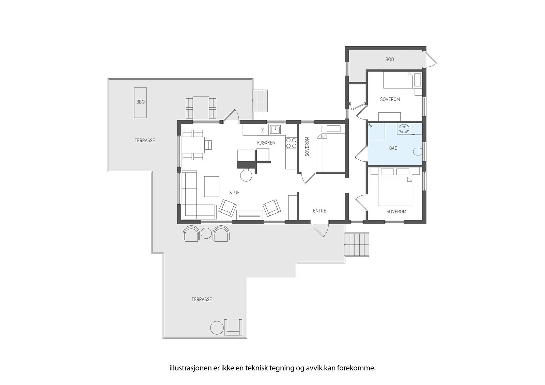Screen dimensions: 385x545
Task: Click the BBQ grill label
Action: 140,102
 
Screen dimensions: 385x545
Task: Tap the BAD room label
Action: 393,148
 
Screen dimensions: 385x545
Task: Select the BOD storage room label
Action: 390,59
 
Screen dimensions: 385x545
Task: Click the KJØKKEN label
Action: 266,143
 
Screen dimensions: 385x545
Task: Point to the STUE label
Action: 234,192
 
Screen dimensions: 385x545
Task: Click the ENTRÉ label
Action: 320,211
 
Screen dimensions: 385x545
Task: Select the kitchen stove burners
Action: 291,143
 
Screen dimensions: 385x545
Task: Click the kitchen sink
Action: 275,129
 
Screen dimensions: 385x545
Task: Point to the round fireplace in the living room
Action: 246,175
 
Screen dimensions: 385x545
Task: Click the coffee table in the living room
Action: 212,186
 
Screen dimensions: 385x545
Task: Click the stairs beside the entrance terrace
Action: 357,245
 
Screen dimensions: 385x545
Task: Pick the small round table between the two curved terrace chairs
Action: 206,233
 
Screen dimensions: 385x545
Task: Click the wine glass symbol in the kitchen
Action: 263,130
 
